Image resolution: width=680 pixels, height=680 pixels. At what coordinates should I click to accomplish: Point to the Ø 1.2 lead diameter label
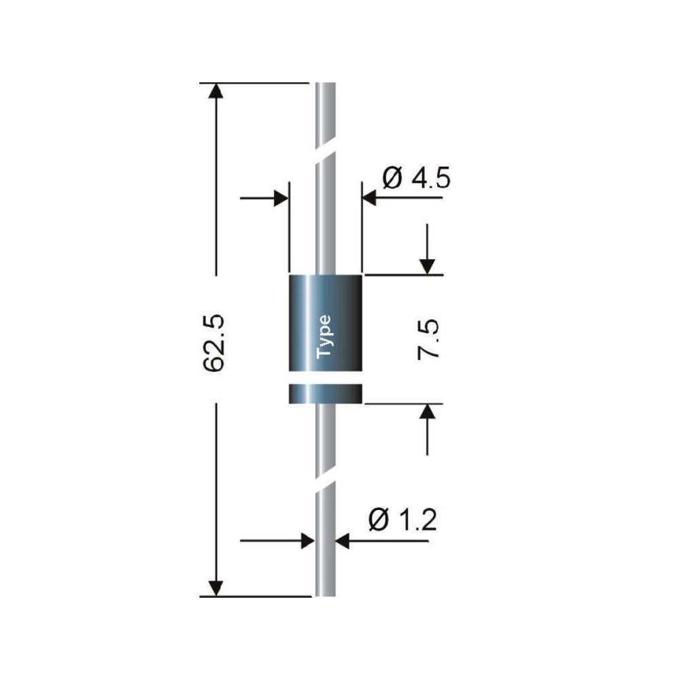(401, 522)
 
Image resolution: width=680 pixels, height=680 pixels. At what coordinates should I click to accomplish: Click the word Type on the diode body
(324, 337)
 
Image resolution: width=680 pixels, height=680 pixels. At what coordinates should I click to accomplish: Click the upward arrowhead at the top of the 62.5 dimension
(216, 92)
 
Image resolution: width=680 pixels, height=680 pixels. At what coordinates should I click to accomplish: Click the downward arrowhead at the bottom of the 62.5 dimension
(216, 588)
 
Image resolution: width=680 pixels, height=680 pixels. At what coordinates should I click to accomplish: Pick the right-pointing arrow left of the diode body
(279, 199)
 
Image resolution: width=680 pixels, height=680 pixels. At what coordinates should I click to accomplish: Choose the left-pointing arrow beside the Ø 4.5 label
(371, 199)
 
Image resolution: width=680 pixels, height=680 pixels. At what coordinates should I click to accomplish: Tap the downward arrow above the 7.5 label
(428, 265)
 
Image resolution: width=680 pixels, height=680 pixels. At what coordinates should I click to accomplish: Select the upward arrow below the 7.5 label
(428, 412)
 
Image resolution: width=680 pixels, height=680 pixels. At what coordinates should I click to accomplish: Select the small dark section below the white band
(326, 394)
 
